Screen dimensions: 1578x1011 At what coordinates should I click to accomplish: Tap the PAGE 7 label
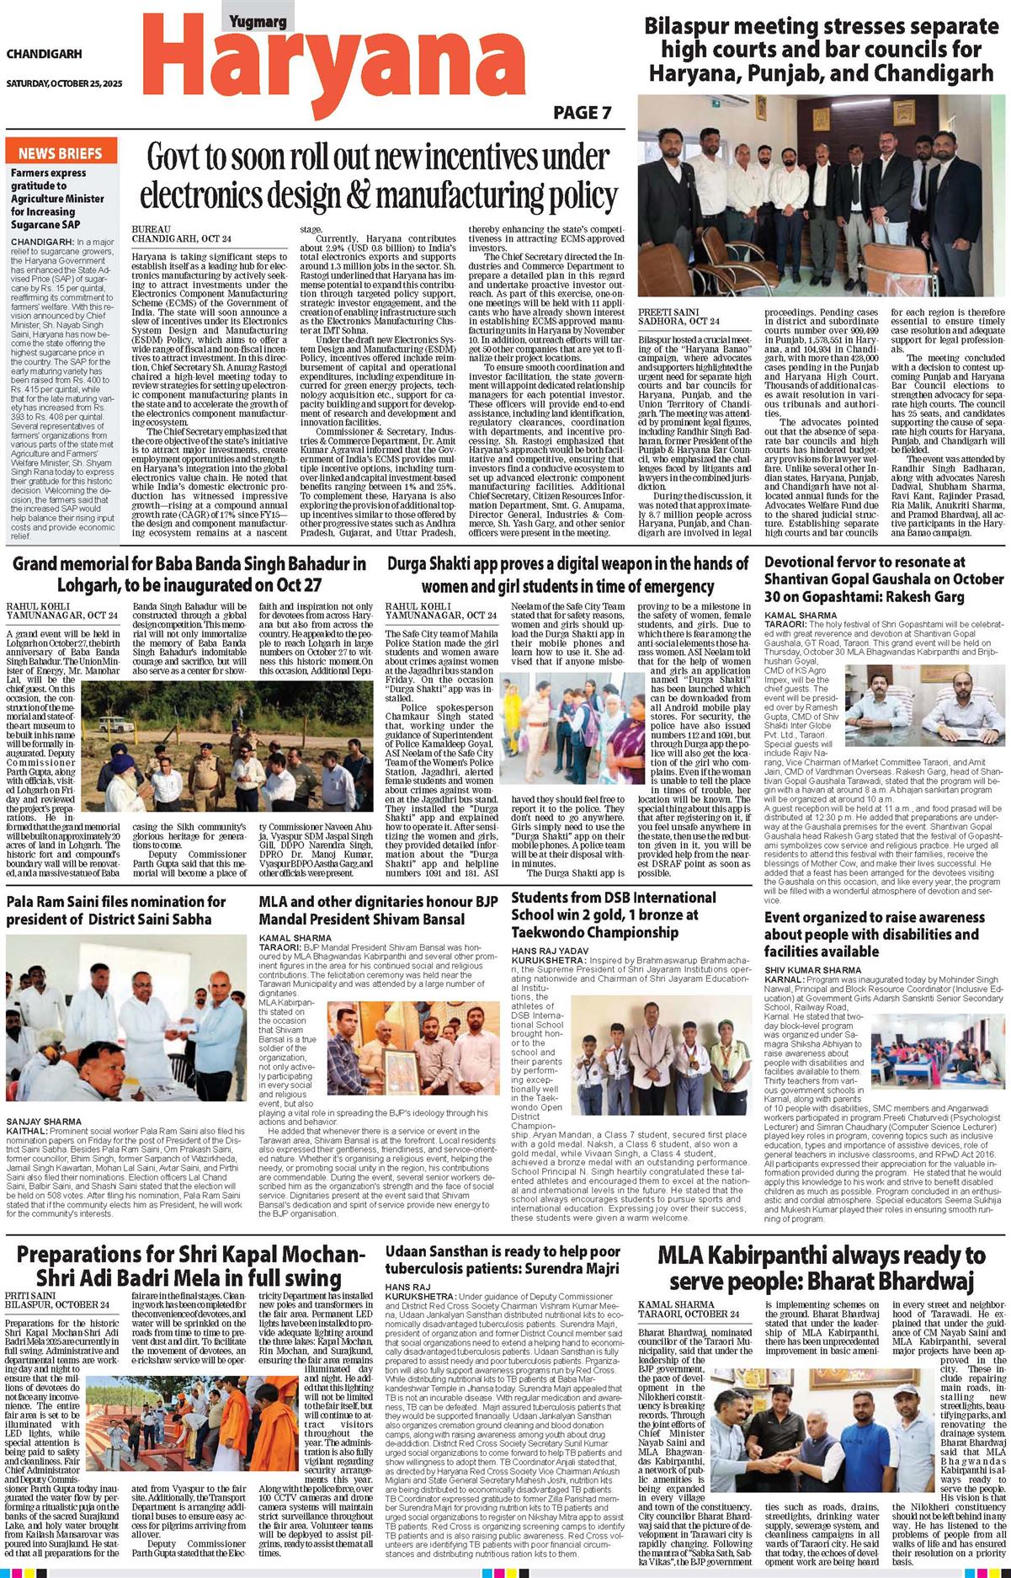tap(582, 113)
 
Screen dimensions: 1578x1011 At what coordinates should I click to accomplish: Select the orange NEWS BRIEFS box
tap(60, 152)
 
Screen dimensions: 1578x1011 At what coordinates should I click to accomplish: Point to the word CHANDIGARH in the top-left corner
tap(44, 54)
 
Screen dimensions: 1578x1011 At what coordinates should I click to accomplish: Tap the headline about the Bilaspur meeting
tap(821, 49)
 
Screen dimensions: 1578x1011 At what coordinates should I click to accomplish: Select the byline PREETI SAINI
tap(668, 312)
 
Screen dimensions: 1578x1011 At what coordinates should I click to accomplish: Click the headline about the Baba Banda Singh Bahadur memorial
tap(189, 573)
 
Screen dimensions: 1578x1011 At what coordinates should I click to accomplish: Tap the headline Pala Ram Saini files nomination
tap(116, 909)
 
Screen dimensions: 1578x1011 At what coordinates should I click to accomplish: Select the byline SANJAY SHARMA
tap(44, 1122)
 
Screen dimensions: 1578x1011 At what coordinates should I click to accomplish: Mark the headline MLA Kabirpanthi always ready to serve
tap(821, 1268)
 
